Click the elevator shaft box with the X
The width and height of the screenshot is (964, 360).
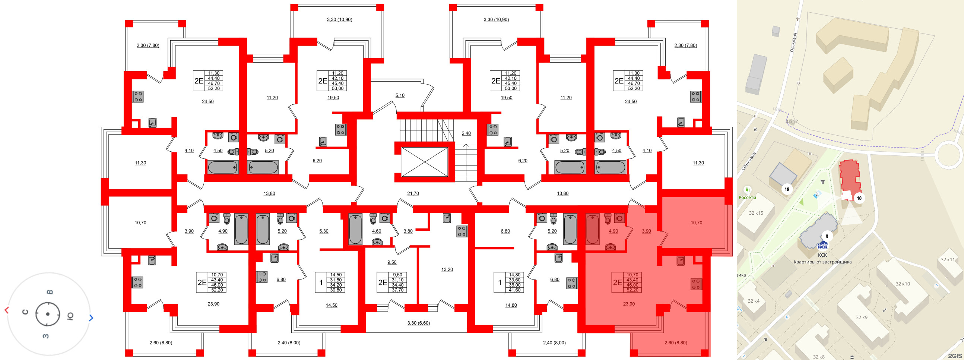pos(424,162)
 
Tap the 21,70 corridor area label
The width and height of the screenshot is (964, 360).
pos(413,193)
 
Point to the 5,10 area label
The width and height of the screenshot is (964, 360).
pos(400,95)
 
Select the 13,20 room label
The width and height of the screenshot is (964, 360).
pos(447,269)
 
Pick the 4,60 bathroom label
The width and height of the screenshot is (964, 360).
pos(376,231)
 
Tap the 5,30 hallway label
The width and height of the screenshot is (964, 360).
pos(324,231)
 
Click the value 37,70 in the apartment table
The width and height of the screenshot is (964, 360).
pos(397,290)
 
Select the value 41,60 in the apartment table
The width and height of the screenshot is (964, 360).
pos(514,290)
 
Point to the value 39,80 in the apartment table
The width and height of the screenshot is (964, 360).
pos(336,290)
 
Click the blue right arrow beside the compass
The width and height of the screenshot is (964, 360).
pos(91,318)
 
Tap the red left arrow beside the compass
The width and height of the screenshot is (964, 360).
pos(6,310)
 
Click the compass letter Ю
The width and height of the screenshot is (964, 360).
pos(70,317)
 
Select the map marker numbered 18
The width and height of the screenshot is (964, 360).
pos(787,189)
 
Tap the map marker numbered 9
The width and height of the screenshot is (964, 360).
pos(827,236)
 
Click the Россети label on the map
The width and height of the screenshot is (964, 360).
pos(747,197)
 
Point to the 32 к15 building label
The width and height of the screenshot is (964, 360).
pos(756,213)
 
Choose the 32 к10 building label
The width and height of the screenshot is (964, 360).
pos(903,284)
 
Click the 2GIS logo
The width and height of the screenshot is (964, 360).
pos(955,356)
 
